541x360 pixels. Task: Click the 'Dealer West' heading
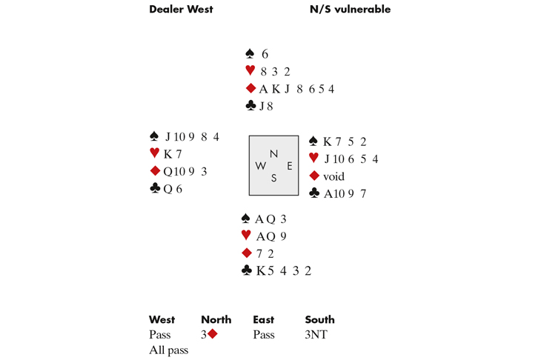tap(181, 10)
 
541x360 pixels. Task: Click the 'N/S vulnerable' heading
tap(350, 10)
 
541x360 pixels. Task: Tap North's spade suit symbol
tap(250, 54)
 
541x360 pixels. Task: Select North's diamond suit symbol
tap(250, 89)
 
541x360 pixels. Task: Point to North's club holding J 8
tap(266, 106)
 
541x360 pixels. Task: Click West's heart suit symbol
tap(154, 153)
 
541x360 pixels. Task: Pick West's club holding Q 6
tap(173, 189)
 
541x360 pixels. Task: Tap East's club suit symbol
tap(313, 193)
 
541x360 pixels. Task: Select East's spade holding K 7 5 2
tap(345, 141)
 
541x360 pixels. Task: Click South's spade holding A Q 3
tap(270, 219)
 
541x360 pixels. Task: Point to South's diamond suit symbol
tap(246, 253)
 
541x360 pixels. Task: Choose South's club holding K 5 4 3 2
tap(284, 271)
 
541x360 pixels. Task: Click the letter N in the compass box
tap(273, 153)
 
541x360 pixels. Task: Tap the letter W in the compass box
tap(260, 166)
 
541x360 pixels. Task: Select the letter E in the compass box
tap(288, 166)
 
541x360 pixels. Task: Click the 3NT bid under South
tap(316, 335)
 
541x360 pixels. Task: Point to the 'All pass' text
tap(168, 350)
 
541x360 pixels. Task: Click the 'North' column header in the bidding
tap(216, 320)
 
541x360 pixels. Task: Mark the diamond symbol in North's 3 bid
tap(212, 334)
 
